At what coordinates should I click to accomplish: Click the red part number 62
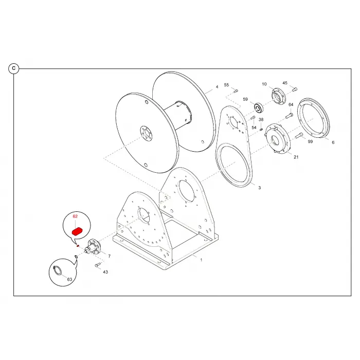click(75, 217)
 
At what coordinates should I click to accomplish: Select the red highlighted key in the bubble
click(77, 231)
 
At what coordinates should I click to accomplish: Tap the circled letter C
click(14, 68)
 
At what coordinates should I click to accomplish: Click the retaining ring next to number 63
click(57, 270)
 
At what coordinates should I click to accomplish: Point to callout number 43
click(105, 272)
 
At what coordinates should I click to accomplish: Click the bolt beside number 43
click(98, 265)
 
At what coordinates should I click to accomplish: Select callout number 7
click(109, 256)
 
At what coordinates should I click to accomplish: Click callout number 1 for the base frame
click(201, 260)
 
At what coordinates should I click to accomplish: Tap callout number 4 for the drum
click(217, 87)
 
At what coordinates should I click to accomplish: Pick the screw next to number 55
click(236, 91)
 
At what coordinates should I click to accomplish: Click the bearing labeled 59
click(259, 108)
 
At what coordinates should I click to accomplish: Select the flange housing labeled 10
click(278, 97)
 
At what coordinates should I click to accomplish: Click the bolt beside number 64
click(289, 116)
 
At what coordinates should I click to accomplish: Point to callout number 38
click(261, 120)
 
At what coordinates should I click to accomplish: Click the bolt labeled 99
click(298, 135)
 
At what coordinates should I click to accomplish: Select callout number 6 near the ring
click(333, 142)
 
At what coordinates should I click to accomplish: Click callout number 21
click(296, 157)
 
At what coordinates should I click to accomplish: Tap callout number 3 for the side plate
click(260, 188)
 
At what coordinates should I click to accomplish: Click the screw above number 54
click(253, 118)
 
